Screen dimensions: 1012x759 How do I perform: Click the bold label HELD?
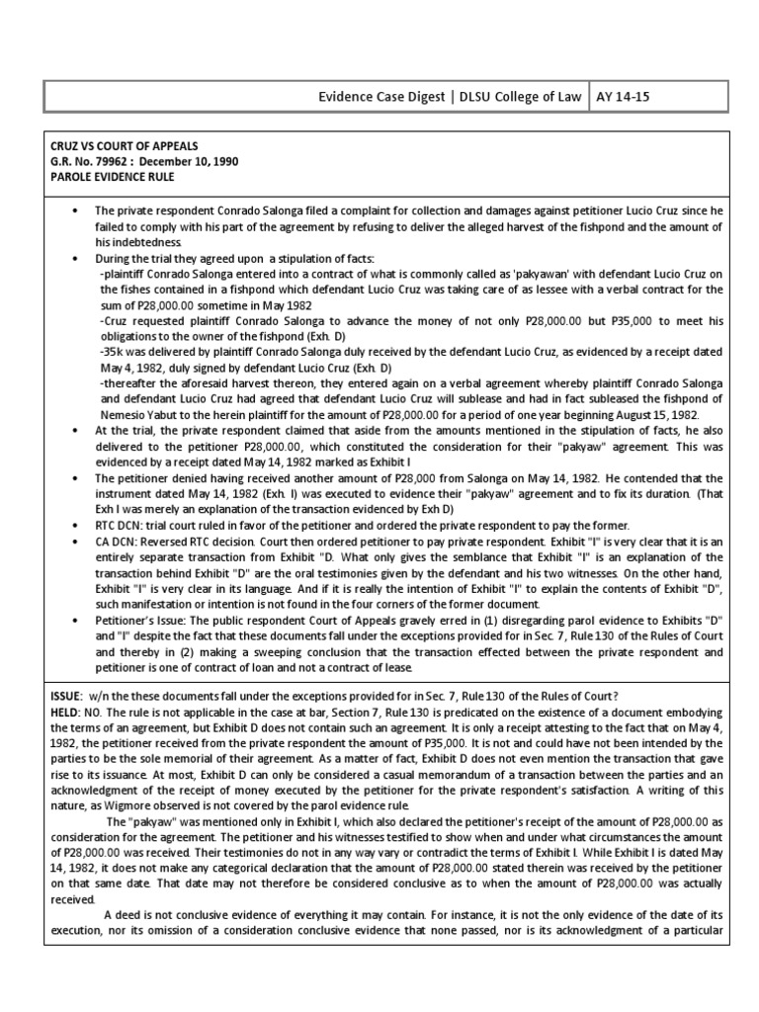[x=67, y=712]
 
